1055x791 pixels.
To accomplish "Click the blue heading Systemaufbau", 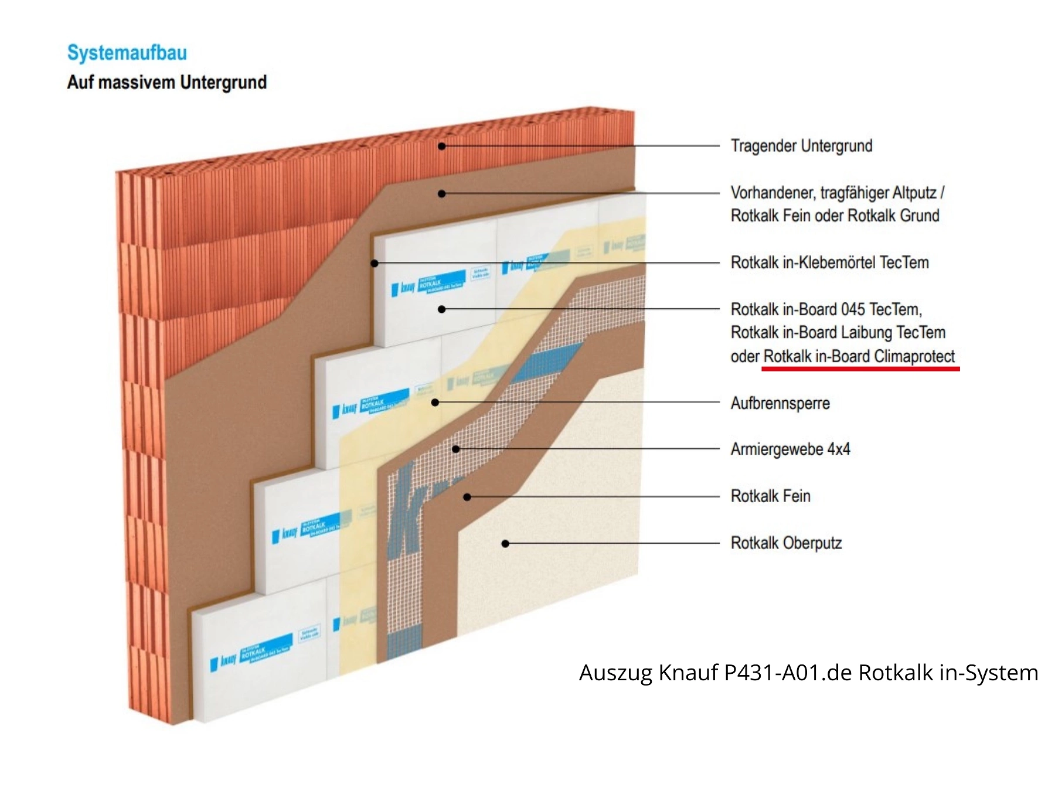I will point(127,53).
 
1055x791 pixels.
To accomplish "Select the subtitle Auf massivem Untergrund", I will point(167,82).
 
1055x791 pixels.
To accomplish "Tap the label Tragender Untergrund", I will point(801,146).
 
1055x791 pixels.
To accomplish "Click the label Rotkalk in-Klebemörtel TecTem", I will point(829,262).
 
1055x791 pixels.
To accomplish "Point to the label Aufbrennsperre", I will point(780,403).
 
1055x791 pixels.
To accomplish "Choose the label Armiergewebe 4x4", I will point(790,449).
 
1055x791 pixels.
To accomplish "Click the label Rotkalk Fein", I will point(770,496).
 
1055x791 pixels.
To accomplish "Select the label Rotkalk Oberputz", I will point(786,543).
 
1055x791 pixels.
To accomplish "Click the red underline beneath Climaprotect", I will point(860,369).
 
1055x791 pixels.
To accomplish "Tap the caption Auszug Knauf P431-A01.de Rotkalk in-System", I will point(808,673).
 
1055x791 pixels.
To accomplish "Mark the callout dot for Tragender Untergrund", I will point(442,146).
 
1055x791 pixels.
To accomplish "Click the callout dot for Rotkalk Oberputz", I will point(505,544).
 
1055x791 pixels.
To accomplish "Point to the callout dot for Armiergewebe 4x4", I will point(456,449).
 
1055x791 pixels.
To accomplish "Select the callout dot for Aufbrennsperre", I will point(435,403).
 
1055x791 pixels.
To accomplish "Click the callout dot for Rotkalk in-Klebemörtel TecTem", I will point(375,263).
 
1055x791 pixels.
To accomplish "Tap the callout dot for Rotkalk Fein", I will point(467,497).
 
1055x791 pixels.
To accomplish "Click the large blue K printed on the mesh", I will point(404,510).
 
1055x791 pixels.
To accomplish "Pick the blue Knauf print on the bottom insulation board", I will point(252,653).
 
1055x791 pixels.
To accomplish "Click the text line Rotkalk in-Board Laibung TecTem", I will point(838,333).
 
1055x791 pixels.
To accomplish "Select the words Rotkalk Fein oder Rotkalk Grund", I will point(835,216).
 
